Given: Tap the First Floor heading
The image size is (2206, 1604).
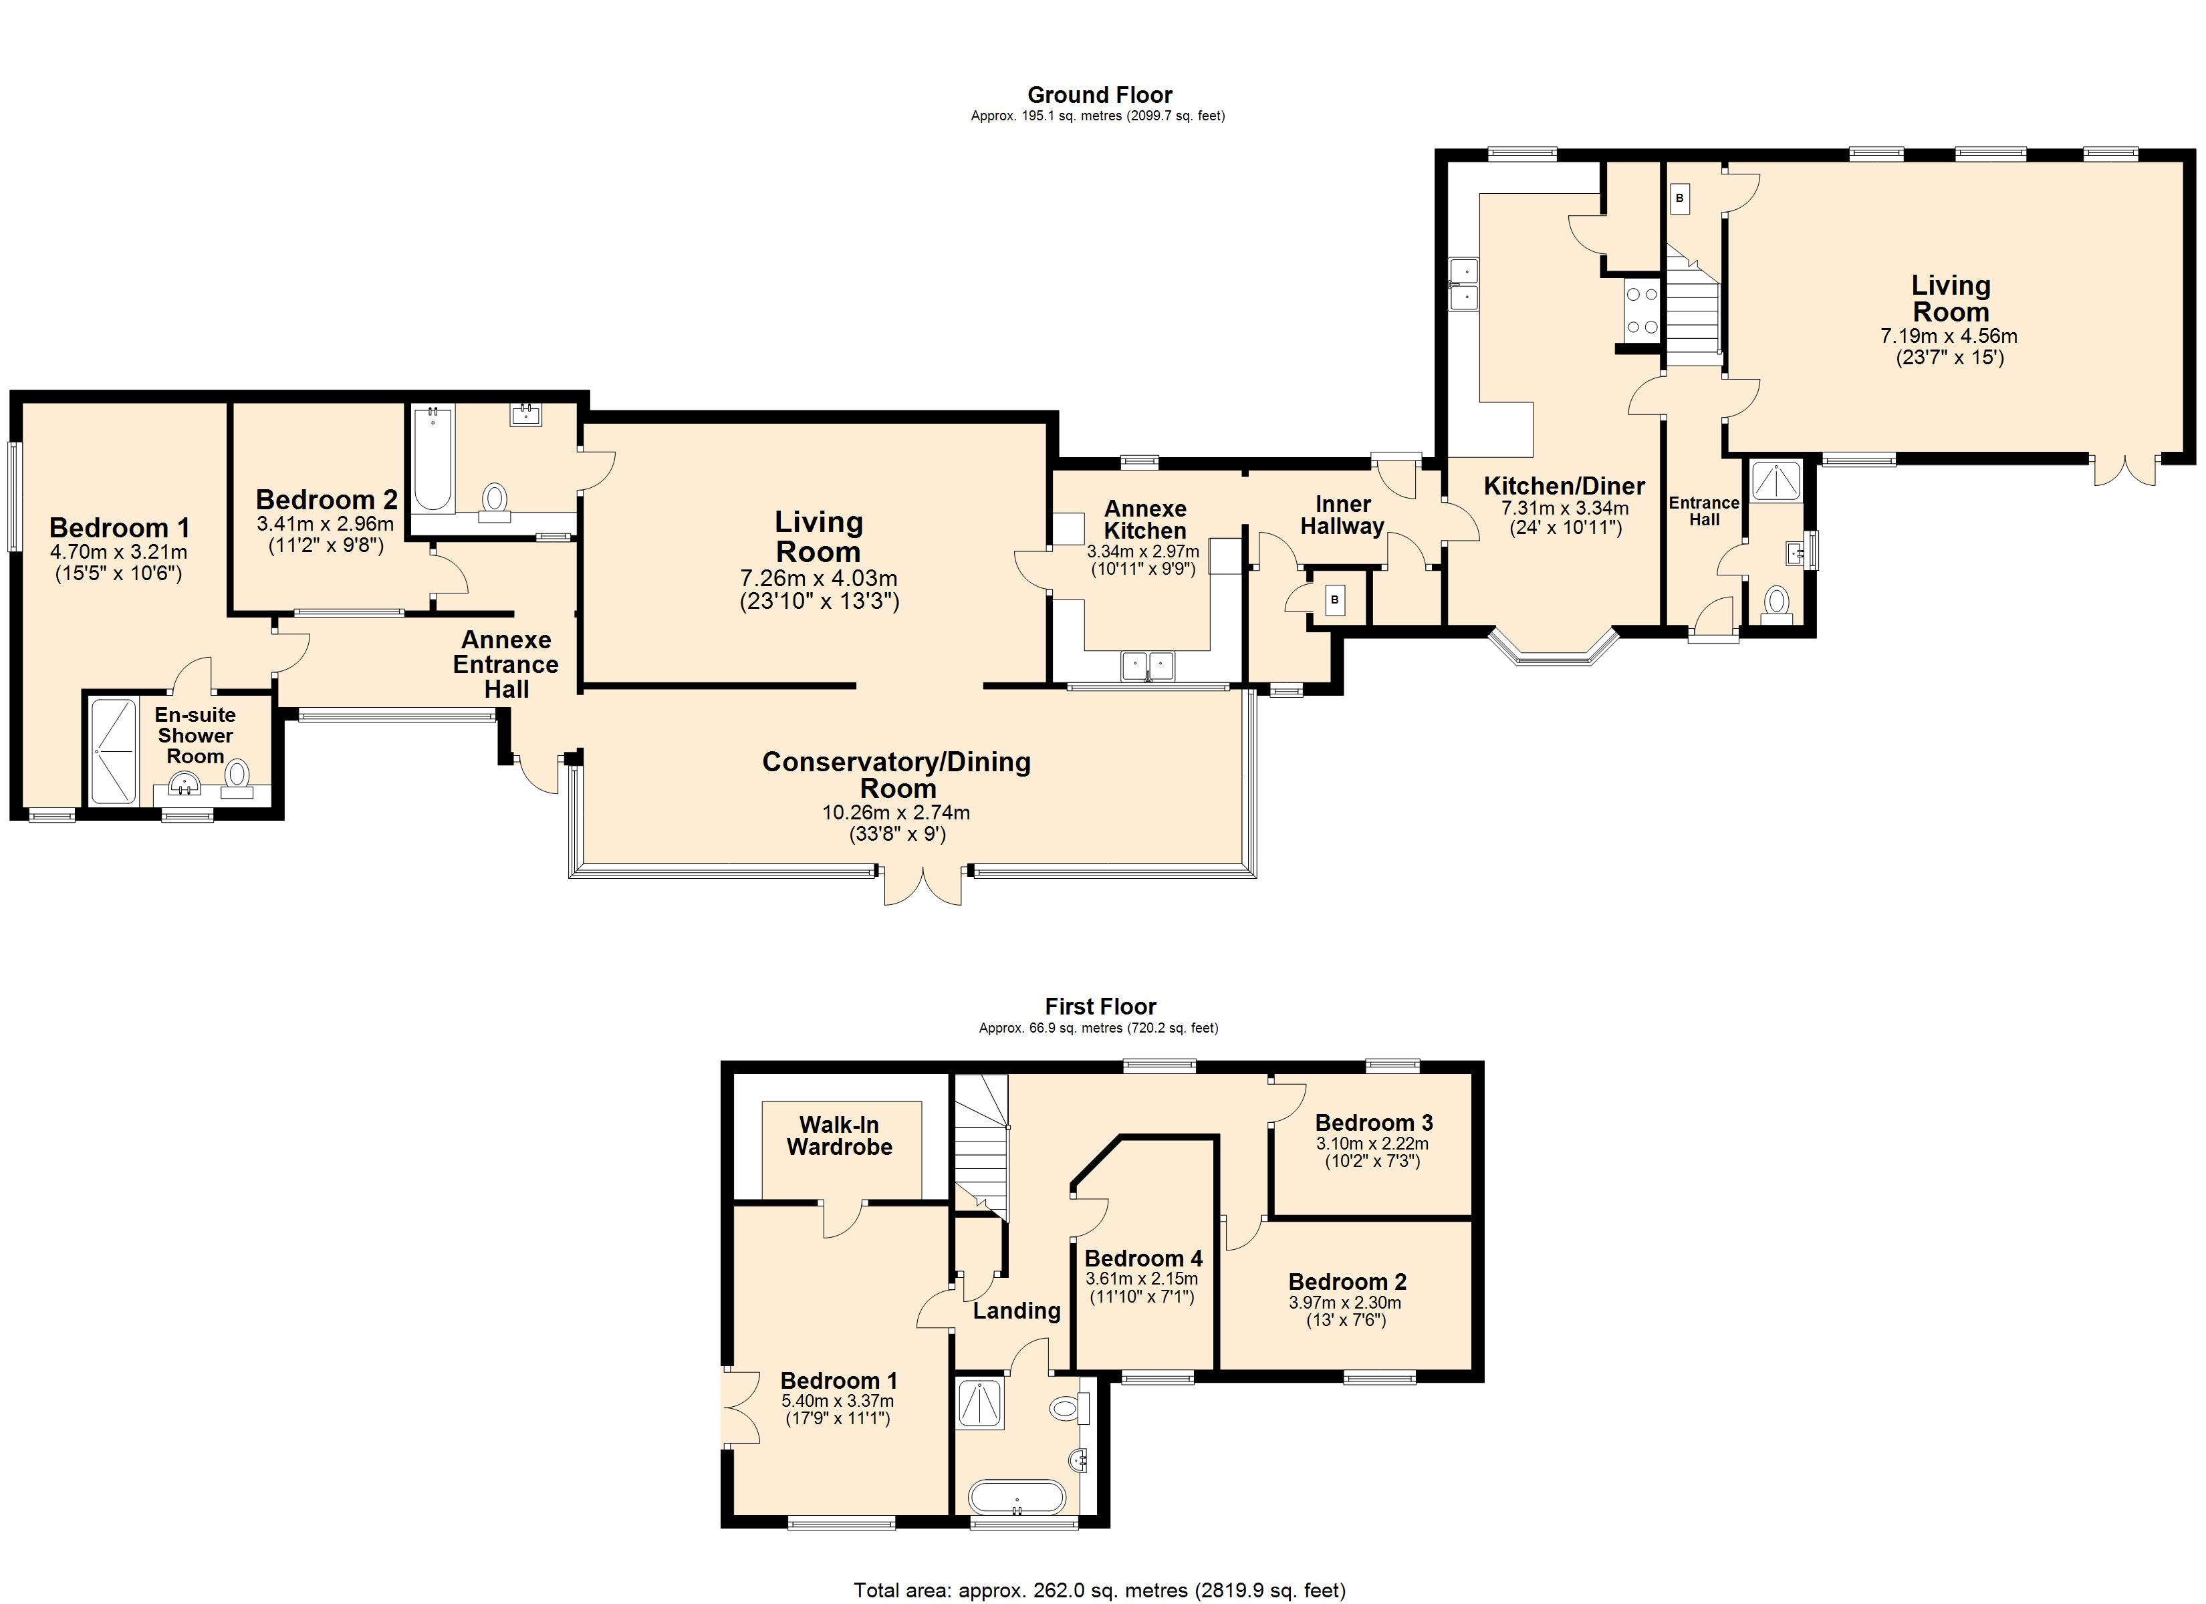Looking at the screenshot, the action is pyautogui.click(x=1100, y=1006).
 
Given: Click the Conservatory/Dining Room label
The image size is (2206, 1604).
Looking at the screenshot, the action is pyautogui.click(x=897, y=775).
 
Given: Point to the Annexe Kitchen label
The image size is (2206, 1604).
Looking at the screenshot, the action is pyautogui.click(x=1145, y=519).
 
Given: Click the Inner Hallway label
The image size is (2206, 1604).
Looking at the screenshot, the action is pyautogui.click(x=1342, y=515).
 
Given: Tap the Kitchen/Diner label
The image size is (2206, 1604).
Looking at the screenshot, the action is pyautogui.click(x=1564, y=485).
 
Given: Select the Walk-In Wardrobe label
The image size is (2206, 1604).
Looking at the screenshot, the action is pyautogui.click(x=840, y=1135).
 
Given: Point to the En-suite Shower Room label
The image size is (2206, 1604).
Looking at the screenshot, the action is pyautogui.click(x=195, y=735).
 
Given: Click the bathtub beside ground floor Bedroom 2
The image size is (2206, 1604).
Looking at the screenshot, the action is pyautogui.click(x=433, y=459).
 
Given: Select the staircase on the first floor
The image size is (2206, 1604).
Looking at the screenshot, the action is pyautogui.click(x=981, y=1146).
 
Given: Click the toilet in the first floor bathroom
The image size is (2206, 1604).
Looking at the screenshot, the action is pyautogui.click(x=1070, y=1408).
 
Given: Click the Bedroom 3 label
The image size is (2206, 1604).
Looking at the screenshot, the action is pyautogui.click(x=1373, y=1123).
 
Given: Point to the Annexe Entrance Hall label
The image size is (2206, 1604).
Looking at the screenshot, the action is pyautogui.click(x=506, y=664).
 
